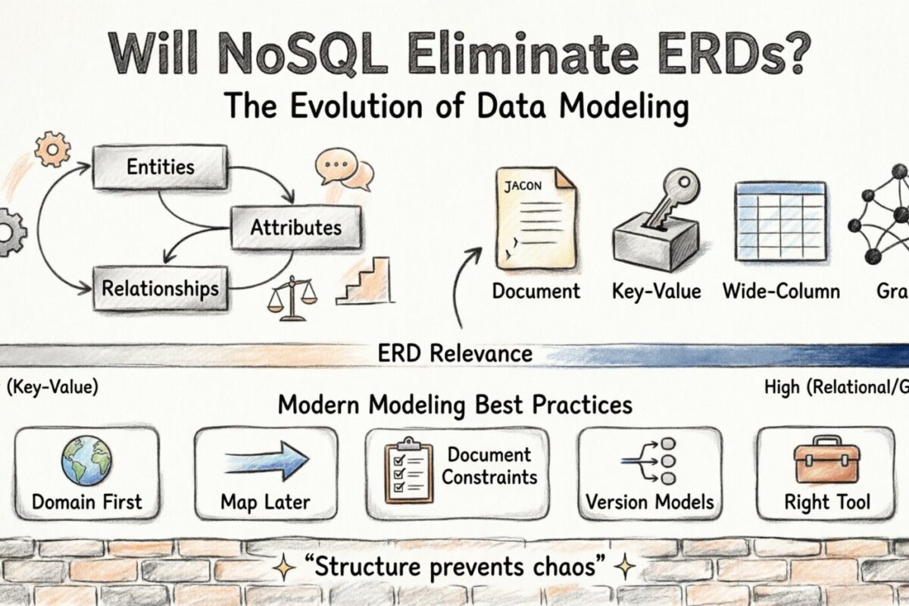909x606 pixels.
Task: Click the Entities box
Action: [160, 166]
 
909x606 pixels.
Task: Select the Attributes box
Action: [295, 226]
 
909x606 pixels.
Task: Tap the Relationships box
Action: [160, 288]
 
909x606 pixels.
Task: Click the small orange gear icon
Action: [52, 148]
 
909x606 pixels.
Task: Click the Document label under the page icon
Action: [536, 291]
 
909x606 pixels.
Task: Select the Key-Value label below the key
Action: [656, 291]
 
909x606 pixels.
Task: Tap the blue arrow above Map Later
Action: [266, 461]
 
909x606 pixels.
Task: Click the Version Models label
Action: [650, 501]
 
